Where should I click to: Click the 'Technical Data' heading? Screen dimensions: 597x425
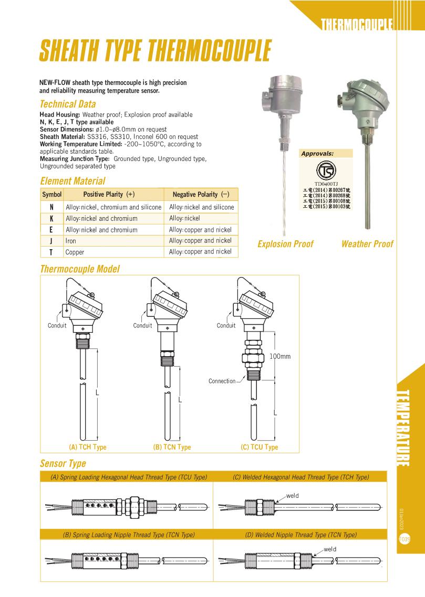click(68, 104)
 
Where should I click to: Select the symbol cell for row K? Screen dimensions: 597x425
click(51, 218)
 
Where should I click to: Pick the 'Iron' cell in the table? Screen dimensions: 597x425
click(71, 241)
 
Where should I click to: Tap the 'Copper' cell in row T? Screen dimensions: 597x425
click(75, 252)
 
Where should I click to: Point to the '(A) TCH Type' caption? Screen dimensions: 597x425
click(88, 447)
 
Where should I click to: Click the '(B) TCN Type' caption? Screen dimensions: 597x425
click(172, 447)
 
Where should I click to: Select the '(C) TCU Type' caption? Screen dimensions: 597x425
click(259, 447)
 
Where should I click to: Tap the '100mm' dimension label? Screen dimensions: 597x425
click(280, 356)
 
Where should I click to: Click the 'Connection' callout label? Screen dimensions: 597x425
click(222, 381)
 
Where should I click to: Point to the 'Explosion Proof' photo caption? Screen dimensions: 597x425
click(285, 244)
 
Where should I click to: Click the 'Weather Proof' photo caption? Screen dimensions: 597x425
click(367, 244)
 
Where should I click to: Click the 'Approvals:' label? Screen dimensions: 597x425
click(317, 154)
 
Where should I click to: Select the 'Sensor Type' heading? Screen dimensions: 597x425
click(63, 464)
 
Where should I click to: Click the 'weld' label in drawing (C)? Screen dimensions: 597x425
click(292, 495)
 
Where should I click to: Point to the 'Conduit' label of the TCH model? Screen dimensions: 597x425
click(57, 325)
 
